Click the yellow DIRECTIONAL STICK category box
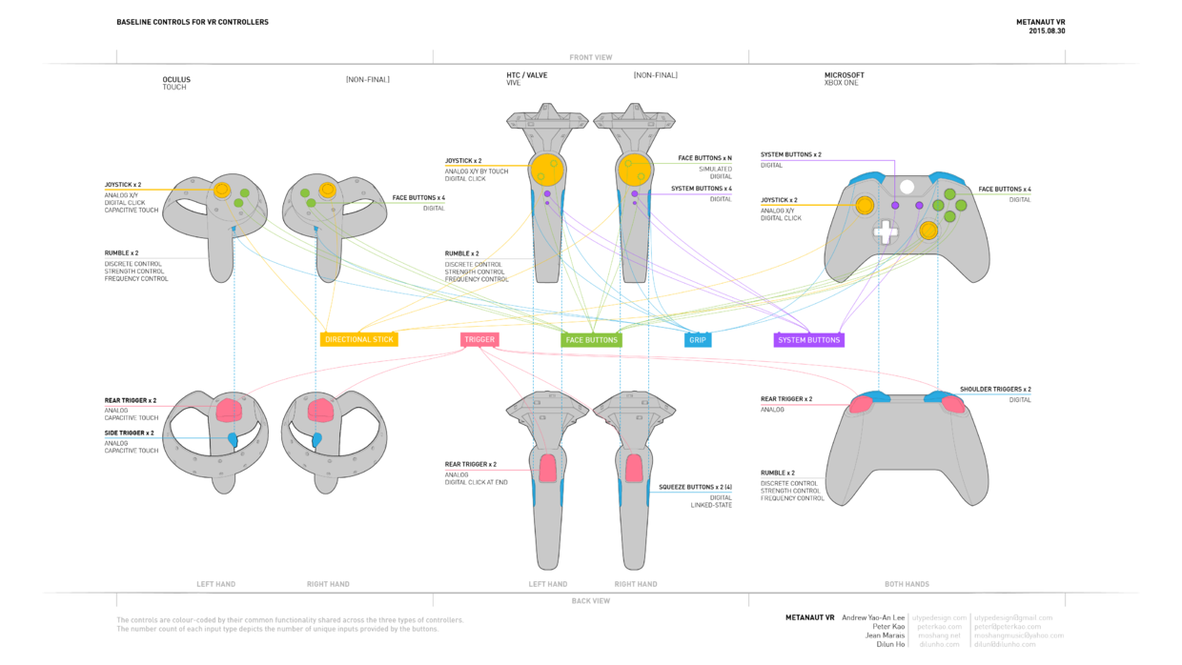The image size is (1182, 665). point(358,339)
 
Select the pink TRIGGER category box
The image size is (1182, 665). point(479,339)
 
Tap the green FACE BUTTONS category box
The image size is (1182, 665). point(591,339)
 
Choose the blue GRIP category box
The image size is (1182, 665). point(698,339)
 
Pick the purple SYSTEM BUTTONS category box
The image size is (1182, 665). point(808,339)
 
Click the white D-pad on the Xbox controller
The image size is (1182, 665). point(886,232)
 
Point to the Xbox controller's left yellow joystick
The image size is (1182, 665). point(865,205)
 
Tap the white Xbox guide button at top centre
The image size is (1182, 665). point(907,188)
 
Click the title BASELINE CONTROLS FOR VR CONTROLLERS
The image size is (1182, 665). point(193,22)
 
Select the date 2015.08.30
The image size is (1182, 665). point(1047,31)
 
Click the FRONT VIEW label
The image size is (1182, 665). point(591,57)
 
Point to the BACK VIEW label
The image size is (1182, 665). point(591,601)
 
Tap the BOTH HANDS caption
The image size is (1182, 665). point(907,584)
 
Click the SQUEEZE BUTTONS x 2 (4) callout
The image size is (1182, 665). point(695,487)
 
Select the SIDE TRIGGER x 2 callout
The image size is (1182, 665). point(130,433)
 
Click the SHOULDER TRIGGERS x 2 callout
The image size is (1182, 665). point(995,389)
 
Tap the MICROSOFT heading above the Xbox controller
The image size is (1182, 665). point(845,75)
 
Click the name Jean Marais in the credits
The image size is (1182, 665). point(885,635)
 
